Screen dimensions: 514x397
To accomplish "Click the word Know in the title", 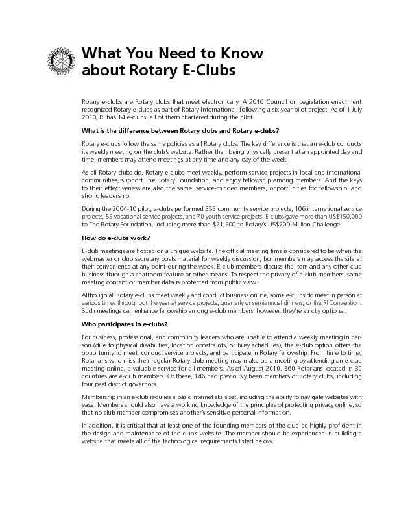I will pyautogui.click(x=235, y=53).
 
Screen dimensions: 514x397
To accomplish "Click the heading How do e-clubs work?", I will pyautogui.click(x=115, y=238).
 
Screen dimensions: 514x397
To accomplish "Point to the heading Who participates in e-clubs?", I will pyautogui.click(x=125, y=324).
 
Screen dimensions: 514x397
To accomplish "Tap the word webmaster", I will pyautogui.click(x=98, y=258).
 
